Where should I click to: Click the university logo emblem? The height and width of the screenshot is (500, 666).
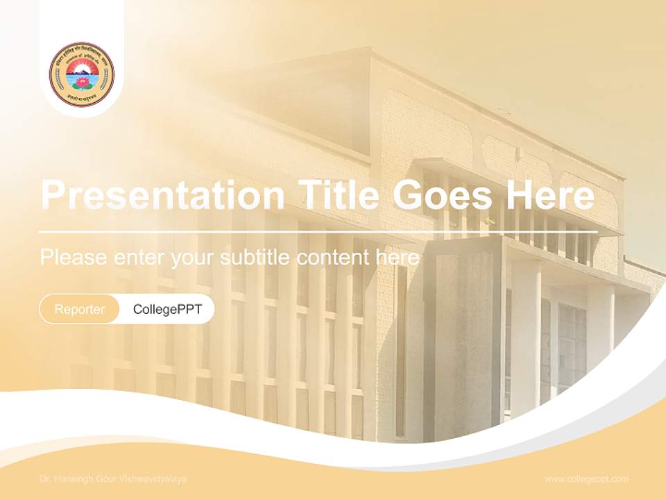[x=81, y=74]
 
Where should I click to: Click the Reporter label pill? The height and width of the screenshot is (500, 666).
[x=80, y=309]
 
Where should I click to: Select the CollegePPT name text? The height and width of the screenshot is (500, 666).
[x=167, y=309]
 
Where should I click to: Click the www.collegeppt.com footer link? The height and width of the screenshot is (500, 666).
[x=586, y=478]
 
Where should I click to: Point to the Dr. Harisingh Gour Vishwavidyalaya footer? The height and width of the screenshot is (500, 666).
[x=113, y=479]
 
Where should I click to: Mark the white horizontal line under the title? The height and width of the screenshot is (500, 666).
[x=318, y=231]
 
